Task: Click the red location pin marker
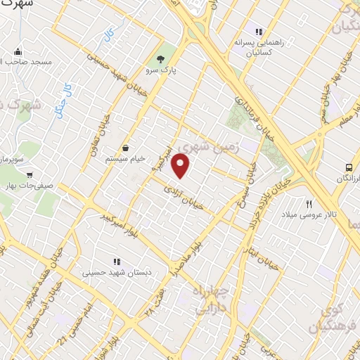(x=181, y=165)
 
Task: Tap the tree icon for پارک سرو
(x=162, y=58)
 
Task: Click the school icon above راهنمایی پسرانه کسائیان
(x=259, y=32)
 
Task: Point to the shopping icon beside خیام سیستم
(x=125, y=148)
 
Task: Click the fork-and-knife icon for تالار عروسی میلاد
(x=308, y=204)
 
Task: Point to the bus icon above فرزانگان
(x=349, y=167)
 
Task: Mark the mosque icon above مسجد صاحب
(x=18, y=51)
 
